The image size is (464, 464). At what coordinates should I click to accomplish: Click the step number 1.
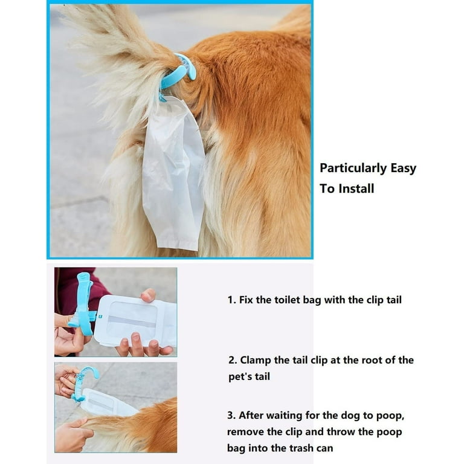pyautogui.click(x=231, y=300)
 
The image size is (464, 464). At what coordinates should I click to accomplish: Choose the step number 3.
pyautogui.click(x=231, y=415)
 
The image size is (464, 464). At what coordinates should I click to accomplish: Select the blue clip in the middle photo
pyautogui.click(x=84, y=304)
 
